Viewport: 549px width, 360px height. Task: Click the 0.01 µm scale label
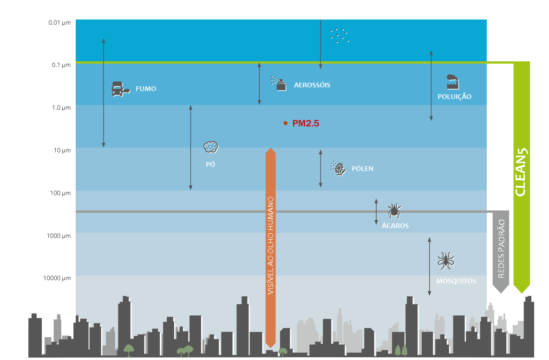(x=59, y=23)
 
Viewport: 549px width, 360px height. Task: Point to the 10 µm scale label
(x=62, y=151)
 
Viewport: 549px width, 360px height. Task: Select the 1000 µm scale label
(x=59, y=236)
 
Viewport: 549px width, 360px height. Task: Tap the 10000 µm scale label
(x=57, y=278)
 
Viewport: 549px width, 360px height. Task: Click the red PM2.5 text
(x=306, y=123)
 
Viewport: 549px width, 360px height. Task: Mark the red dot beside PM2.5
(x=286, y=123)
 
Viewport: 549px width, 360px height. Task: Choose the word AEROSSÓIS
(x=312, y=85)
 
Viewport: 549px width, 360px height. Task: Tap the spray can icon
(x=279, y=83)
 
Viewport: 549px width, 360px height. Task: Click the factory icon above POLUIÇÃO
(x=453, y=82)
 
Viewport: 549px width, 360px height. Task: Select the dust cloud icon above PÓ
(x=211, y=147)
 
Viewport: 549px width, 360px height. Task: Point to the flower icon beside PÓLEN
(x=338, y=169)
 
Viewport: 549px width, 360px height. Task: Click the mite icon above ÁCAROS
(x=394, y=211)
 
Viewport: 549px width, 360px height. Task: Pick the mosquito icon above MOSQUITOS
(x=446, y=261)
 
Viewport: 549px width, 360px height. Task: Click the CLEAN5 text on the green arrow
(x=521, y=172)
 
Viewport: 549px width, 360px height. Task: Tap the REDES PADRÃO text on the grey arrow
(x=501, y=249)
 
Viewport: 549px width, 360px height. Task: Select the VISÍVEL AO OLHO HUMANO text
(x=271, y=245)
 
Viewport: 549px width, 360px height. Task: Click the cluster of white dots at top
(x=339, y=36)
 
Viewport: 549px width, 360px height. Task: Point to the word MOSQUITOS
(x=456, y=281)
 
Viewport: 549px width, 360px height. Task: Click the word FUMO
(x=146, y=89)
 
